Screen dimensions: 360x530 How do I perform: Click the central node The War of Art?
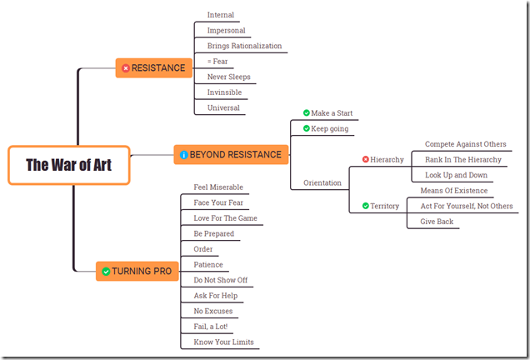click(x=68, y=165)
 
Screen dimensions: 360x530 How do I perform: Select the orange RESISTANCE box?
click(x=153, y=67)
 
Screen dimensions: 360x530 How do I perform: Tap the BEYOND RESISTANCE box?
click(x=232, y=154)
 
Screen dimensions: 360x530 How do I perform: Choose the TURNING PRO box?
click(x=136, y=271)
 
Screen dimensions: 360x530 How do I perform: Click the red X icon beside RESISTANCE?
click(x=126, y=67)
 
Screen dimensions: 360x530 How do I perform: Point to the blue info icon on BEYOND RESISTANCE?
click(x=184, y=155)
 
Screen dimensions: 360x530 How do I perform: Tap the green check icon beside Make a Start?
click(x=307, y=113)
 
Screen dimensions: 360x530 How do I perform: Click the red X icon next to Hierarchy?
click(x=365, y=159)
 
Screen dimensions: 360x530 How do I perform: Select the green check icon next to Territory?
click(x=365, y=206)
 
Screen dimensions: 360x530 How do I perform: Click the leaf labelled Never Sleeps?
click(x=228, y=77)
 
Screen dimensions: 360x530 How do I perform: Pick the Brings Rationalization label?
click(x=244, y=46)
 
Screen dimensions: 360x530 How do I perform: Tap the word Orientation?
click(x=322, y=182)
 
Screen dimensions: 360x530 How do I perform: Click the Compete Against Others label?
click(x=465, y=144)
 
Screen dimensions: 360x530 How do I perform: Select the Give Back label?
click(x=437, y=222)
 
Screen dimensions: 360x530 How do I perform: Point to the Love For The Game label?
click(x=225, y=218)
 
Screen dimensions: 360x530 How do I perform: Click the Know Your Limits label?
click(x=223, y=342)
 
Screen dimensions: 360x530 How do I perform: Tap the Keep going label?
click(x=330, y=128)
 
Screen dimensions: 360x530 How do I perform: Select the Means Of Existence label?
click(x=453, y=191)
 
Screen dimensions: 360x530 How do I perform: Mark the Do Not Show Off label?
click(x=220, y=280)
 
